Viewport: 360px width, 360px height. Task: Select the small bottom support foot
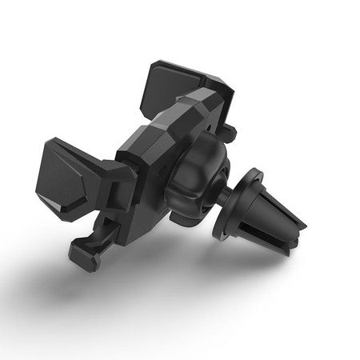coord(83,255)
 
